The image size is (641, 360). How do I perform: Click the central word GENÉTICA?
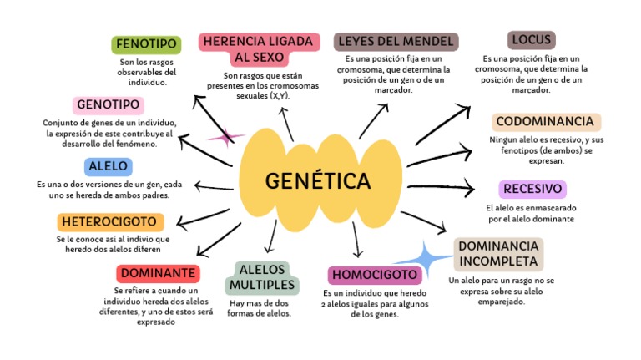point(318,180)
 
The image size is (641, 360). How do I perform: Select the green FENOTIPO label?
point(147,44)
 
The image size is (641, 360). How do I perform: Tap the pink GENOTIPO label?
point(109,105)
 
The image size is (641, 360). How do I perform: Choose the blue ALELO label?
point(108,166)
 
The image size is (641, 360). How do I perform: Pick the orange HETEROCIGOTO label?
point(110,222)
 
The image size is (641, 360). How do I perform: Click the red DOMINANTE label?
point(158,273)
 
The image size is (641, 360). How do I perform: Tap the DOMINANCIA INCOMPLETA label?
point(498,254)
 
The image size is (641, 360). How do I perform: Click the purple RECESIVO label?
point(532,189)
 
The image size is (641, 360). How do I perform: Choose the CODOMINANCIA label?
point(544,122)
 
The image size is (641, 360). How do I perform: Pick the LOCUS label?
point(532,40)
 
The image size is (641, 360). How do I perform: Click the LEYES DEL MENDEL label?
point(395,42)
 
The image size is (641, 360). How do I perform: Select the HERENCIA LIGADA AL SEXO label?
point(259,49)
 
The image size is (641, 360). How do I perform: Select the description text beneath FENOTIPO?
point(146,72)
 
